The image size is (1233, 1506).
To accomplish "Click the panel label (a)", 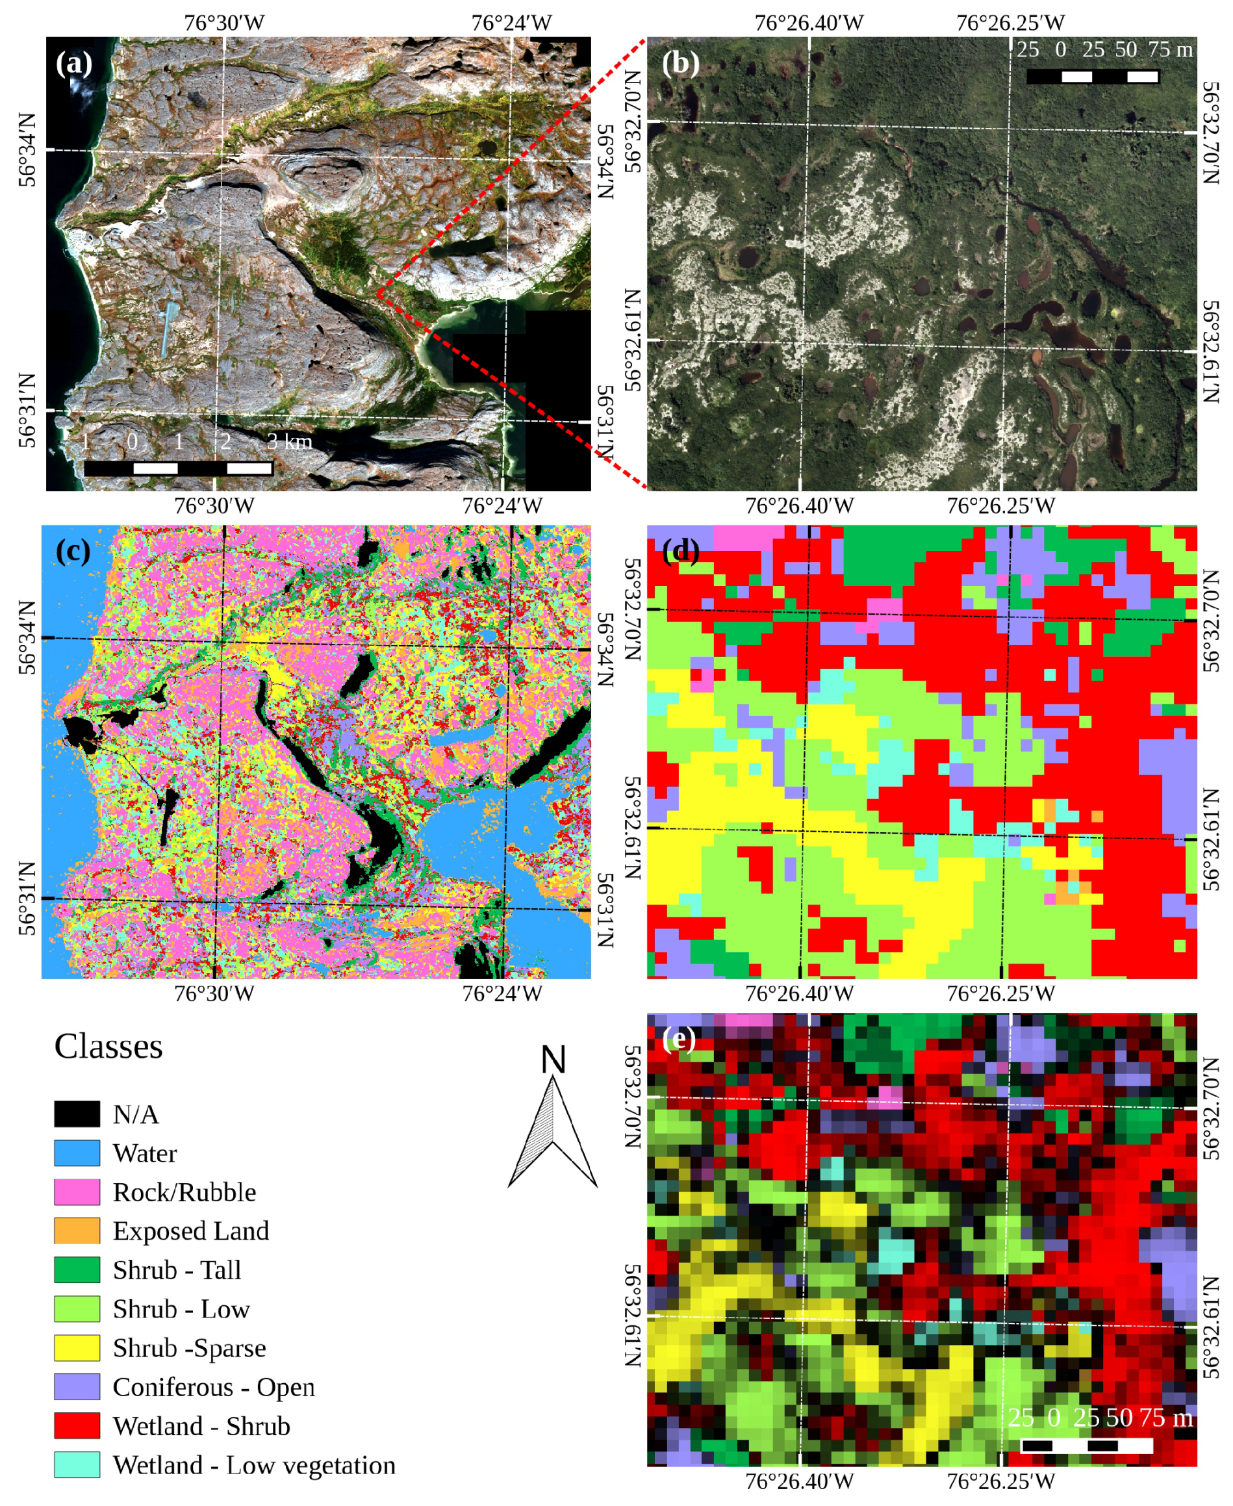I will pos(74,64).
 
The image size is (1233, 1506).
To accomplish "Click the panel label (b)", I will pos(680,64).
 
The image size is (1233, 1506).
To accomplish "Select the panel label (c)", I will pos(73,550).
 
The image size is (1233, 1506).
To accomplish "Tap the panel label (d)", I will pos(680,550).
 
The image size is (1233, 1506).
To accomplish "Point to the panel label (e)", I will pos(679,1039).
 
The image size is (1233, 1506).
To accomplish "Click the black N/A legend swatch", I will pos(77,1113).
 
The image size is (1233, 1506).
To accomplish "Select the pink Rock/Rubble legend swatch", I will pos(77,1192).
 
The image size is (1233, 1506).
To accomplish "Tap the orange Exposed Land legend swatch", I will pos(77,1231).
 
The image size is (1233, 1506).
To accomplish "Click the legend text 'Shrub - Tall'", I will pos(177,1270).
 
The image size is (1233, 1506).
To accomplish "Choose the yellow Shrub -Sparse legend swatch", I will pos(77,1347).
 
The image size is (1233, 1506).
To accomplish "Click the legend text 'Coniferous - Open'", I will pos(213,1386).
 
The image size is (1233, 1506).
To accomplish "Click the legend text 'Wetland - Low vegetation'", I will pos(253,1465).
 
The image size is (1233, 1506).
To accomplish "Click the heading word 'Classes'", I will pos(108,1047).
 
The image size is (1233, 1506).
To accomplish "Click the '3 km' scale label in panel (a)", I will pos(290,442).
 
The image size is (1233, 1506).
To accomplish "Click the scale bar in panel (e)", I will pos(1087,1445).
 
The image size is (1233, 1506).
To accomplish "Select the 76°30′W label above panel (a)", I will pos(224,23).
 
